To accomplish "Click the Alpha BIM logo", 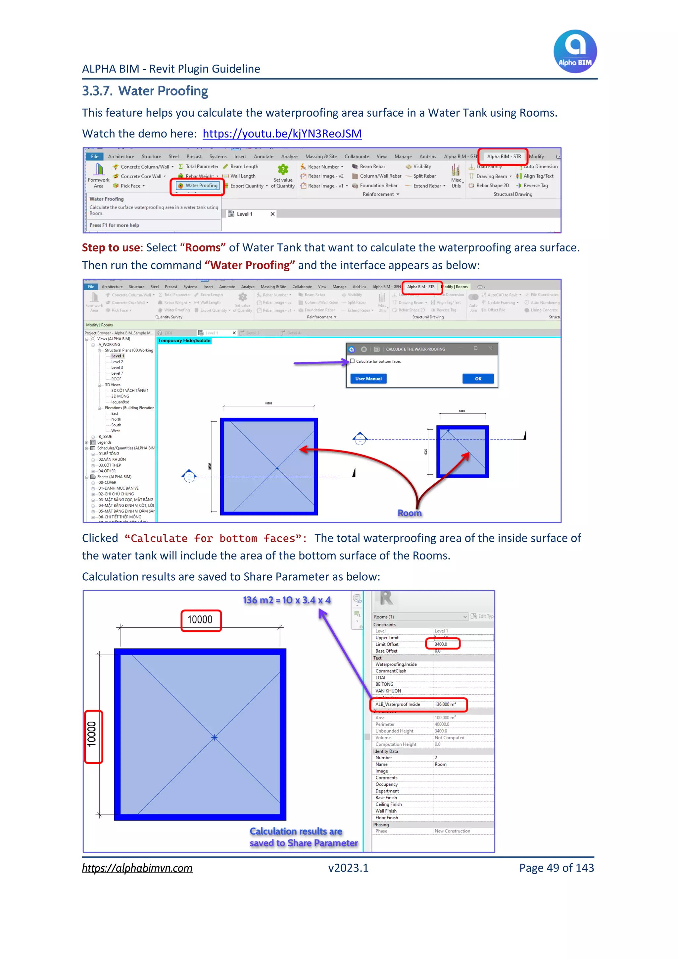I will tap(575, 51).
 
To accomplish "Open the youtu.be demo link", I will tap(282, 133).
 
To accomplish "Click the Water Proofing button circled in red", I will tap(198, 186).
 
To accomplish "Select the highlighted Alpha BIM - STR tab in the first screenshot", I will tap(504, 157).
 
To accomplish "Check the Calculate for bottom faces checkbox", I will tap(352, 361).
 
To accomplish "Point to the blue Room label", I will tap(409, 513).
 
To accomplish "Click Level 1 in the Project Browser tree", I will tap(117, 356).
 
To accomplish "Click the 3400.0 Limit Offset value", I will tap(441, 644).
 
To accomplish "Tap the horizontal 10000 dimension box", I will tap(200, 620).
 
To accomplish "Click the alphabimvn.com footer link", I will tap(137, 868).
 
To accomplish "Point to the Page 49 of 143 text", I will tap(556, 868).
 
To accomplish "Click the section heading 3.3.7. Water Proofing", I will tap(145, 91).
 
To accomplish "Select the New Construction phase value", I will tap(452, 831).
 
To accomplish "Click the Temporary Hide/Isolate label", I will tap(184, 341).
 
